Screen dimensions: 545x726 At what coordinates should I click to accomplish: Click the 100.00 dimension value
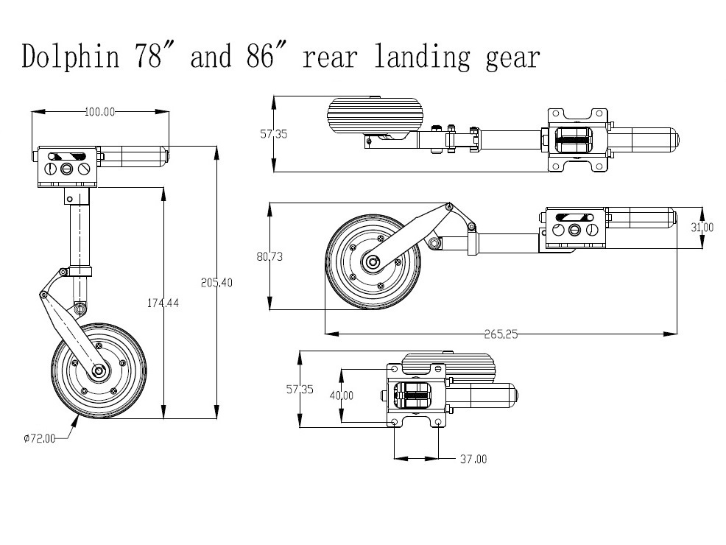[x=100, y=112]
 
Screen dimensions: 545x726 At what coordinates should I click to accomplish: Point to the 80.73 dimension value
[x=270, y=257]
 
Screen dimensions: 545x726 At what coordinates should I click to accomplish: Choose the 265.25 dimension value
[x=501, y=334]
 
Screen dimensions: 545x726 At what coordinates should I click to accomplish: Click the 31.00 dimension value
[x=702, y=228]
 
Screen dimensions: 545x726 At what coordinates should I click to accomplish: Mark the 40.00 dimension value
[x=341, y=395]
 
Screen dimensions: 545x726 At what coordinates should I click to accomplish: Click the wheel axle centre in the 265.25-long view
[x=373, y=261]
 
